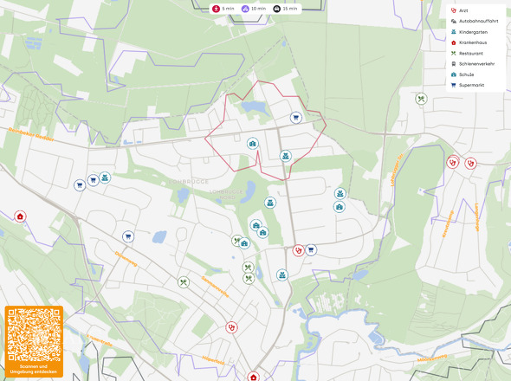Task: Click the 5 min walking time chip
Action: pyautogui.click(x=224, y=9)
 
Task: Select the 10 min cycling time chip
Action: pyautogui.click(x=254, y=9)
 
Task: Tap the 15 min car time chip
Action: pyautogui.click(x=285, y=9)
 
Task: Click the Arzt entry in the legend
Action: pyautogui.click(x=462, y=10)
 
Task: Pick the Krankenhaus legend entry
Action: pyautogui.click(x=471, y=42)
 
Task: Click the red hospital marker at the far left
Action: pyautogui.click(x=20, y=216)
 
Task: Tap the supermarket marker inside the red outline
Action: pyautogui.click(x=295, y=118)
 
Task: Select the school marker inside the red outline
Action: pyautogui.click(x=253, y=144)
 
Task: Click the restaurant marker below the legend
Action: pyautogui.click(x=420, y=99)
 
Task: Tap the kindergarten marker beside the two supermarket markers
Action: pyautogui.click(x=104, y=178)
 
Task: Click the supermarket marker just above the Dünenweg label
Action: pyautogui.click(x=127, y=236)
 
